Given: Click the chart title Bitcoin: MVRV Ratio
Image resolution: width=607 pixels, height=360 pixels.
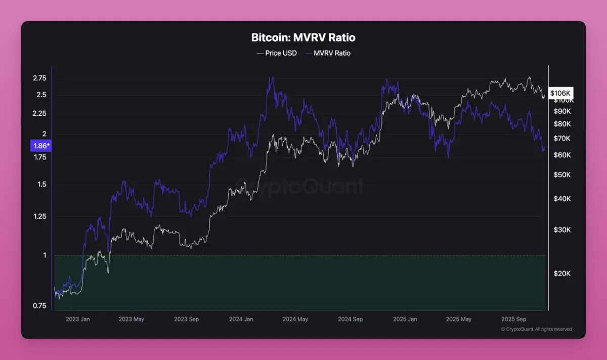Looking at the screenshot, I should click(x=303, y=37).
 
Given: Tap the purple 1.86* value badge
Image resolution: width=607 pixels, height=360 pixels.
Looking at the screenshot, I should click(x=41, y=146).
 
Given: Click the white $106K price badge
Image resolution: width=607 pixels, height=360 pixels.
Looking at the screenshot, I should click(x=560, y=93).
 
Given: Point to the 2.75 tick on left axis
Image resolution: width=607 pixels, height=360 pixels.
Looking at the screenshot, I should click(x=39, y=78).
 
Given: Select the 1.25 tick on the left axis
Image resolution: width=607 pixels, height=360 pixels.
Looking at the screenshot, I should click(x=39, y=216).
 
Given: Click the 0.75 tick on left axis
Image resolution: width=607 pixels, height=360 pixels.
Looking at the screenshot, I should click(x=39, y=305).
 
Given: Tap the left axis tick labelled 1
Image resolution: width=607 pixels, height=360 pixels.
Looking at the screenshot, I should click(x=45, y=255).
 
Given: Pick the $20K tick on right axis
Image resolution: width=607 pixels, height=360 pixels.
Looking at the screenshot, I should click(x=562, y=274).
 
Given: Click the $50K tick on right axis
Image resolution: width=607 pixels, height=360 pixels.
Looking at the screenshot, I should click(x=562, y=175).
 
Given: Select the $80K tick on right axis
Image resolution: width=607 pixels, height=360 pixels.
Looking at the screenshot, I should click(x=562, y=124).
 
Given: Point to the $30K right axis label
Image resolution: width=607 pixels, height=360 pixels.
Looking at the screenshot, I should click(x=562, y=230).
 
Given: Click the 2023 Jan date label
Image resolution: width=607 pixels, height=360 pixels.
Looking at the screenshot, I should click(x=77, y=319).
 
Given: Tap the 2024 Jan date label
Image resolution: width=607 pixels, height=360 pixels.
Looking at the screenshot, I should click(x=241, y=319).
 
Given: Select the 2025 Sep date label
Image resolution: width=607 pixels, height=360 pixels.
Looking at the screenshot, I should click(x=514, y=319).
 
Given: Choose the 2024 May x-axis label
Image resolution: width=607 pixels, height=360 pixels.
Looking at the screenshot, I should click(x=295, y=319).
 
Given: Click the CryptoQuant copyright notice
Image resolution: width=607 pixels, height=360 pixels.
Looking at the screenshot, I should click(x=536, y=329).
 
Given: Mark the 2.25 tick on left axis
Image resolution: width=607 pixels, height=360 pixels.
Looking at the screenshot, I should click(x=39, y=114).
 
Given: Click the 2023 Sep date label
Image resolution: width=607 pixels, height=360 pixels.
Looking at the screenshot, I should click(x=186, y=319).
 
